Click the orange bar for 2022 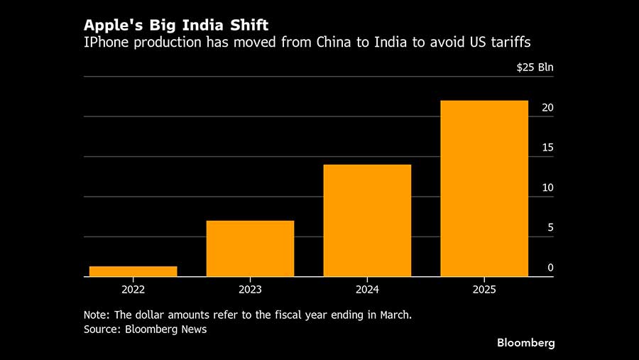133,271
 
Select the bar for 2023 250,249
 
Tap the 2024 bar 367,220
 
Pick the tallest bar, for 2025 484,188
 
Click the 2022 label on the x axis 133,290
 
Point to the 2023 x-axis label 250,290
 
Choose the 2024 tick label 367,290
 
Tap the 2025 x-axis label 484,290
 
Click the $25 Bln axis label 535,68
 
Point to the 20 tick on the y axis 547,108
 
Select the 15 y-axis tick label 547,148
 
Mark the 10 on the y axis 547,188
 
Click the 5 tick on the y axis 550,228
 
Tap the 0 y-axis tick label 550,268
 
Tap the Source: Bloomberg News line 145,329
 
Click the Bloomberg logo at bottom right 525,343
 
